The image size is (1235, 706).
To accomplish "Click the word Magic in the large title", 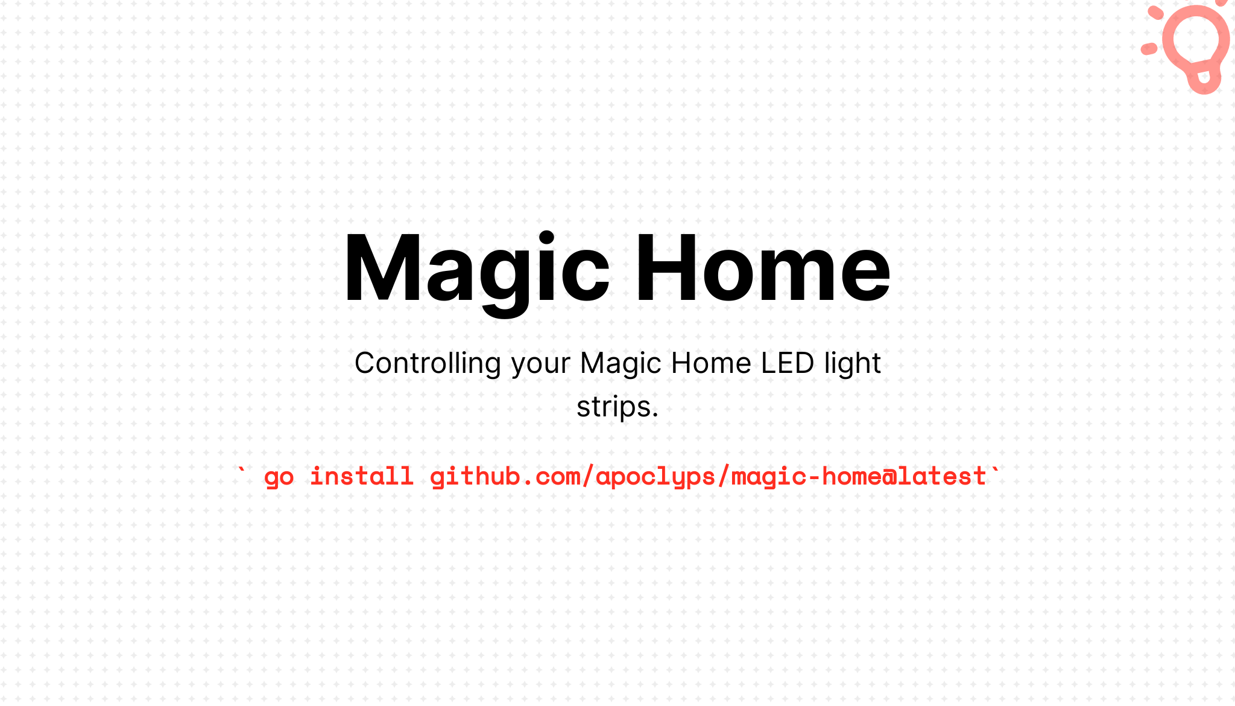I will (476, 269).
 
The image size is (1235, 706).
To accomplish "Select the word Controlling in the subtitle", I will (428, 364).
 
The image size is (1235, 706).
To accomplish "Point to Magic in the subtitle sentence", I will (621, 364).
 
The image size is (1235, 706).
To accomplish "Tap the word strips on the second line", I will (614, 407).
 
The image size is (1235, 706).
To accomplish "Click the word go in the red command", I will (279, 477).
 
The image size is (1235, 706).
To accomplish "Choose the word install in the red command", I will (361, 477).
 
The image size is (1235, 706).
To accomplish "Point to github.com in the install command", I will (505, 477).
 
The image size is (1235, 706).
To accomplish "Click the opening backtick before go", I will (242, 471).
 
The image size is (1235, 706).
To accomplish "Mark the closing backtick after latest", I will (994, 471).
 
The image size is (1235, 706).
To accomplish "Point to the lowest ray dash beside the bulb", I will (1149, 49).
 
